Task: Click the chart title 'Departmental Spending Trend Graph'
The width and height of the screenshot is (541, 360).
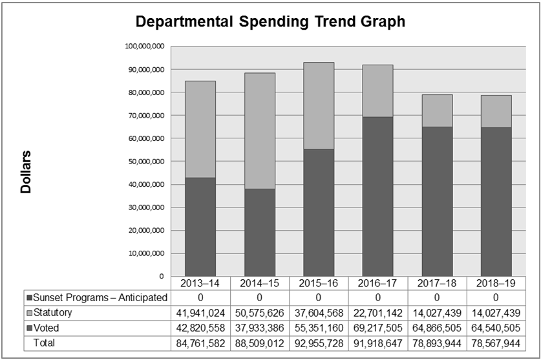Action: pyautogui.click(x=270, y=22)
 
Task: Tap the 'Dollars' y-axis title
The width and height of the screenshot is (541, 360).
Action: pyautogui.click(x=26, y=173)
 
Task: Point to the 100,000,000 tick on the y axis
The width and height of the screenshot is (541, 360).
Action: pyautogui.click(x=145, y=47)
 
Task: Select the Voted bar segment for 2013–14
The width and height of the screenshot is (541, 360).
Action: pyautogui.click(x=200, y=227)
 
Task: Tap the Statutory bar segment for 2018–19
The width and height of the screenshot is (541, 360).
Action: pyautogui.click(x=496, y=111)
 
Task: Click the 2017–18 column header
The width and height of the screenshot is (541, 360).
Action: pyautogui.click(x=437, y=283)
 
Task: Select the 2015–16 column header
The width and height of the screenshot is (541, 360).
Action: pyautogui.click(x=319, y=283)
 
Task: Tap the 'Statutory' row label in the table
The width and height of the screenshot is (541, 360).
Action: pyautogui.click(x=53, y=313)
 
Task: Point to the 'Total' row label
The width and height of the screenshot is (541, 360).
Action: pyautogui.click(x=46, y=343)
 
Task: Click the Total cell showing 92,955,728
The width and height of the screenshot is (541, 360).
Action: pyautogui.click(x=319, y=343)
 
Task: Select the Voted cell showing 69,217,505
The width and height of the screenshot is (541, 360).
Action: pyautogui.click(x=377, y=328)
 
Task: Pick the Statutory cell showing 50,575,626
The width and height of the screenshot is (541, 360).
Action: pyautogui.click(x=259, y=313)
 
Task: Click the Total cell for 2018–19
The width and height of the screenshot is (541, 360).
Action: pyautogui.click(x=496, y=343)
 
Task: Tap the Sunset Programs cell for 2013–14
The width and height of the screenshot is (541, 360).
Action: pyautogui.click(x=200, y=297)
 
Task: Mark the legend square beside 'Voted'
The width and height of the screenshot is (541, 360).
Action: pyautogui.click(x=30, y=328)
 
